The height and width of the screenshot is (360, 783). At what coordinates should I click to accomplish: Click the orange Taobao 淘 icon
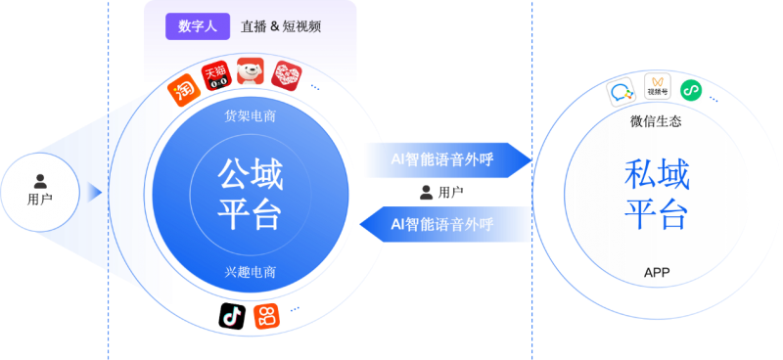tap(183, 91)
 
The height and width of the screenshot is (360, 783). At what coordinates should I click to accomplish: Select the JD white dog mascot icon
tap(252, 73)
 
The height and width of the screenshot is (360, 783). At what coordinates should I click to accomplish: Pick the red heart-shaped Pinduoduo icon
tap(286, 75)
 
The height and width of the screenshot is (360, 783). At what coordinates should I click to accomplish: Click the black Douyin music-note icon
tap(232, 315)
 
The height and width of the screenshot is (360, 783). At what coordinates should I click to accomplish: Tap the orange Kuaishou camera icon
tap(265, 316)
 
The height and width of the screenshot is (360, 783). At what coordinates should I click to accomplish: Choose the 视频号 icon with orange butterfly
tap(658, 89)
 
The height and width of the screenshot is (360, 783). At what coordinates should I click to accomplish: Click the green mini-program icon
tap(691, 90)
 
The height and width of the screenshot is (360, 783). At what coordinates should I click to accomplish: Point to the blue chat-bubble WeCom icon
tap(622, 94)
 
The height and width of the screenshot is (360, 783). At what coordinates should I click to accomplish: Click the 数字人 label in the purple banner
tap(197, 26)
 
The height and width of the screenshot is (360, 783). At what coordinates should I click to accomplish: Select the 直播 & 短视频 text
tap(281, 26)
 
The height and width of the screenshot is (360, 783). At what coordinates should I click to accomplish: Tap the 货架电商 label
tap(251, 116)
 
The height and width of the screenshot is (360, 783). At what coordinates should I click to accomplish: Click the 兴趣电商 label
tap(251, 271)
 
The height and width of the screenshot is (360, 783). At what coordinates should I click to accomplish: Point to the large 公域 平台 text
tap(251, 195)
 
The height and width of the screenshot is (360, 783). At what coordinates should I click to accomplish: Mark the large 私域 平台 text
tap(656, 194)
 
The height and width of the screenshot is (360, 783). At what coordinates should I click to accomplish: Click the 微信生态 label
tap(656, 122)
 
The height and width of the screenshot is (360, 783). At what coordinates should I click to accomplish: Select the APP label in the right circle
tap(656, 272)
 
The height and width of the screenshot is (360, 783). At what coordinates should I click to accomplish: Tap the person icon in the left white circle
tap(40, 180)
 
